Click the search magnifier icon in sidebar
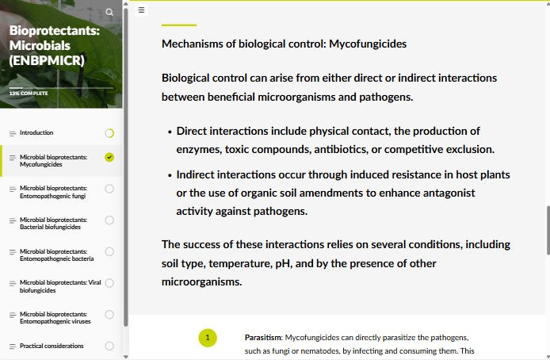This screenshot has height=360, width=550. click(x=109, y=12)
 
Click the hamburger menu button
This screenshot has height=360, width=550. click(x=141, y=10)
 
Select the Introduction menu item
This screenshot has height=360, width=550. click(x=36, y=132)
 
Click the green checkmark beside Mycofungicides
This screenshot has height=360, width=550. click(x=109, y=157)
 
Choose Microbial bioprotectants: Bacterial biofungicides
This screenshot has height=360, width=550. click(x=52, y=224)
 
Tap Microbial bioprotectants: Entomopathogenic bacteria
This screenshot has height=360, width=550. click(x=55, y=255)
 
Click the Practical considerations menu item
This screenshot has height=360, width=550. click(x=51, y=346)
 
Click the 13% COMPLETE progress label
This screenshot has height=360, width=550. click(x=29, y=94)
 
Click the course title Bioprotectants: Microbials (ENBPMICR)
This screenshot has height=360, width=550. click(x=52, y=45)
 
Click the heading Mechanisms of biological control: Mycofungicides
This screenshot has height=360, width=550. click(x=284, y=44)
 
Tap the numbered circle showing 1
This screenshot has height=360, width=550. click(x=208, y=338)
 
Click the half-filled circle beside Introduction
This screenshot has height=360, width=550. click(x=109, y=132)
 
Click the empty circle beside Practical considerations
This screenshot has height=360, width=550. click(x=109, y=346)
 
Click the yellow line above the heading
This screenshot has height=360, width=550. click(x=178, y=25)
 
